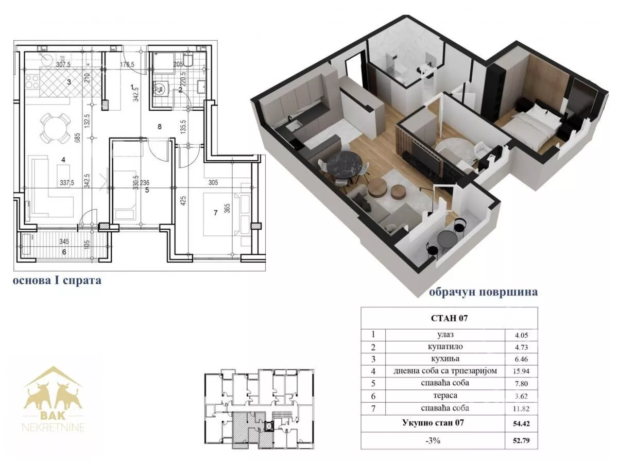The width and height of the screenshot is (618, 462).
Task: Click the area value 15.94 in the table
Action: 521,371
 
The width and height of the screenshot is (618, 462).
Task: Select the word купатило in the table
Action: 445,347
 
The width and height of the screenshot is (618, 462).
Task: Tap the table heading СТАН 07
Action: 449,318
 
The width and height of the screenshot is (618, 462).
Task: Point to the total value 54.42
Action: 521,423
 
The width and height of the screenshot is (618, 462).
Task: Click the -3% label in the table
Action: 433,440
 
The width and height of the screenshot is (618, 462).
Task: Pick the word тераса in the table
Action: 445,396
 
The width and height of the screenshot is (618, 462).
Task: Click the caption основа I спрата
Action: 57,280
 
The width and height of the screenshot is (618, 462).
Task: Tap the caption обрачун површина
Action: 483,292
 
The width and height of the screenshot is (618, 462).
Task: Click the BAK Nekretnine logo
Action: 54,399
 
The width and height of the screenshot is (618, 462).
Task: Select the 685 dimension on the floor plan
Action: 78,138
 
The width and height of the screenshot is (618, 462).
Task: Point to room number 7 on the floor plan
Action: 215,213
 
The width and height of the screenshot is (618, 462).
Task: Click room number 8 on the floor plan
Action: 160,127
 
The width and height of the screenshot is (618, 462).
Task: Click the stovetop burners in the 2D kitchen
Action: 32,81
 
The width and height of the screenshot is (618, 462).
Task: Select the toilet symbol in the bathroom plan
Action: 188,60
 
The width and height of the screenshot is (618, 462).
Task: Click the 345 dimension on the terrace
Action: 64,242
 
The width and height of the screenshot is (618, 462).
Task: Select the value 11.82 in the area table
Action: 521,408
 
